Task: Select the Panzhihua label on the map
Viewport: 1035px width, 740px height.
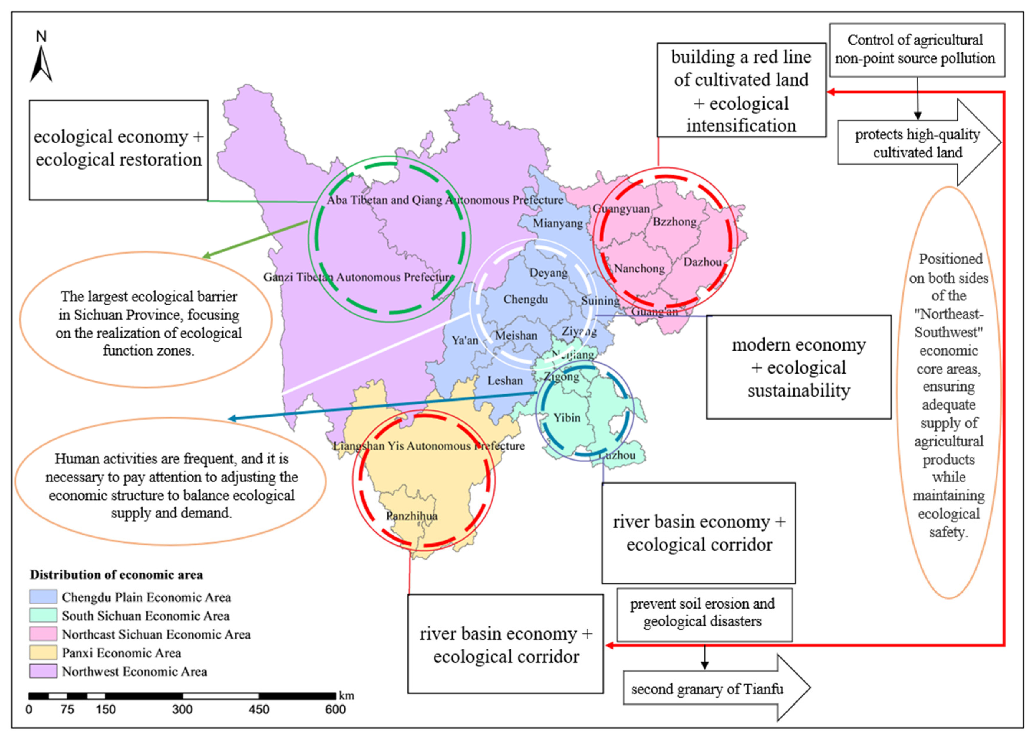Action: pos(412,516)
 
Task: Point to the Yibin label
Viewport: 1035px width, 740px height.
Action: pos(567,417)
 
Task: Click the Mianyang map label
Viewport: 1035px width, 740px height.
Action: pos(557,223)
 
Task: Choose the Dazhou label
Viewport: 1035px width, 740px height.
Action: pos(702,262)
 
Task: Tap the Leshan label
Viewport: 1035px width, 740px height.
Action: pos(505,381)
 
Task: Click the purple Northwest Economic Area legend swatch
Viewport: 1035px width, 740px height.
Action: pos(43,671)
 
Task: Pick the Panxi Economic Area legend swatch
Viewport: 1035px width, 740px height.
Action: pos(43,652)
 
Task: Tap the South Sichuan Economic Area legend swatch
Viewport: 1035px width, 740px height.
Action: pos(43,616)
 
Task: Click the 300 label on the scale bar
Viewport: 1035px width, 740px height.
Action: pos(182,709)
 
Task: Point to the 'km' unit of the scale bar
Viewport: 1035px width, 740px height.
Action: pos(346,696)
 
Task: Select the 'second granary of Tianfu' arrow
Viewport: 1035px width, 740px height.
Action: pos(715,688)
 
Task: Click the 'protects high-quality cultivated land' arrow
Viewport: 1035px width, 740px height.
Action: pos(917,143)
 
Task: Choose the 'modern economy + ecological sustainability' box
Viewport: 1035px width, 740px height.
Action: pos(799,367)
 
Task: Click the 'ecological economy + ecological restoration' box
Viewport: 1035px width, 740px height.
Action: pos(118,150)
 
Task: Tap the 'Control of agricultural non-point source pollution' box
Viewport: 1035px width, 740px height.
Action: pos(917,50)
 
